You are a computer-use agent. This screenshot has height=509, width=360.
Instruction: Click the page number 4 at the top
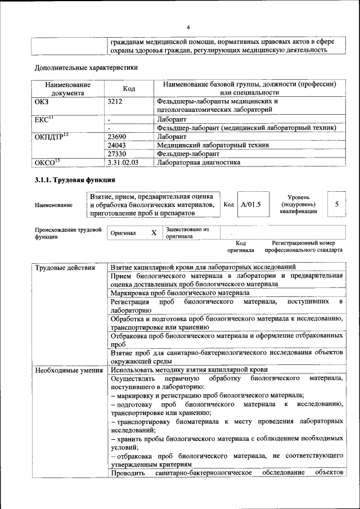[188, 27]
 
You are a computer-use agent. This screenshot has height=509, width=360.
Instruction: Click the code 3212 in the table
[115, 101]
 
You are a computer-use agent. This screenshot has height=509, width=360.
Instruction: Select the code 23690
[116, 136]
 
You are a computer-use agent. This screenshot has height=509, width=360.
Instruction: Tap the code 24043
[116, 145]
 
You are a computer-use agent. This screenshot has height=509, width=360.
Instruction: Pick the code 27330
[116, 153]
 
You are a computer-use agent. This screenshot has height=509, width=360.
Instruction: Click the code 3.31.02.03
[123, 162]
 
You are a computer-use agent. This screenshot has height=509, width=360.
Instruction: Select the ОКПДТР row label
[51, 136]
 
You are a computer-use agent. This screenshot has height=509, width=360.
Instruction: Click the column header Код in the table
[129, 88]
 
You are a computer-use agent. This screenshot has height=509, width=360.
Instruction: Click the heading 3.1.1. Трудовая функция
[75, 180]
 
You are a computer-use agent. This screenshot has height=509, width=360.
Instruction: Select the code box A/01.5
[251, 204]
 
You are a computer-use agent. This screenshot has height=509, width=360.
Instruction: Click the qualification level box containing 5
[336, 204]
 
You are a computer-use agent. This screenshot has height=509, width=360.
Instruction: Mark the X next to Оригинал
[154, 232]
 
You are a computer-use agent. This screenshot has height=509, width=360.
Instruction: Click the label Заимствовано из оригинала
[187, 233]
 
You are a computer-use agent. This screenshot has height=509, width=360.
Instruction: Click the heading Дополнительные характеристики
[86, 67]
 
